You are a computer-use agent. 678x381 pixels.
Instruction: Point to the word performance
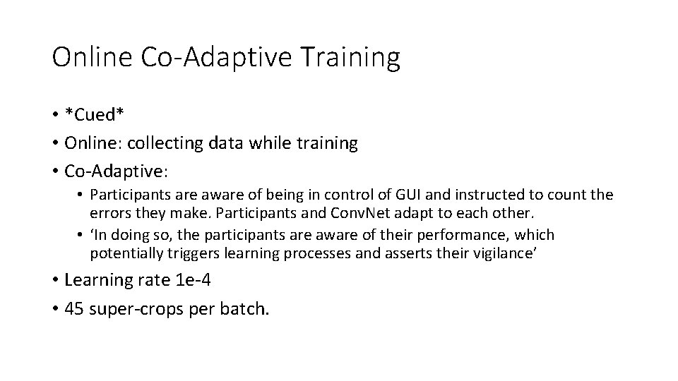point(465,235)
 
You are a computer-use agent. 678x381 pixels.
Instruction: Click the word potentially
point(121,253)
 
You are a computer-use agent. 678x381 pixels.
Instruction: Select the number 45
point(74,308)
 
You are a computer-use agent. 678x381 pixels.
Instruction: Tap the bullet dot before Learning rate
point(55,281)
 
